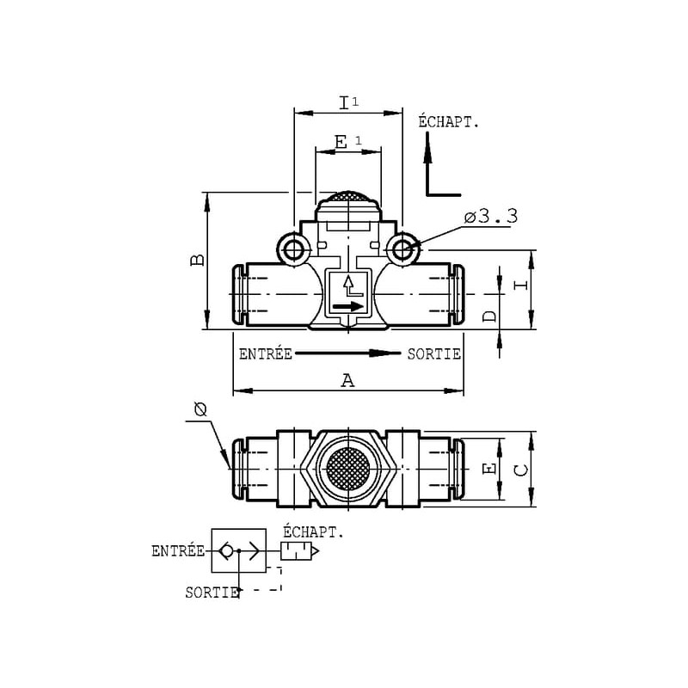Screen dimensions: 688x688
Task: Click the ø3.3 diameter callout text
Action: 491,217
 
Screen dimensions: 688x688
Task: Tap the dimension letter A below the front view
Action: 348,380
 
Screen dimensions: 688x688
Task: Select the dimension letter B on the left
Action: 198,260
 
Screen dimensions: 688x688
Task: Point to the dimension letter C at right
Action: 521,470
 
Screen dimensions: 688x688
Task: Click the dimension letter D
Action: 489,316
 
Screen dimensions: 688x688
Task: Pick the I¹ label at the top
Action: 349,103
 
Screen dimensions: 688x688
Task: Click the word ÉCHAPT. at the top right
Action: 448,121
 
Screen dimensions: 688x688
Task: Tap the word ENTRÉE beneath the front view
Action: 266,353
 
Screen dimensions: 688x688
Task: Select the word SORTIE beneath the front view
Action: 434,353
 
